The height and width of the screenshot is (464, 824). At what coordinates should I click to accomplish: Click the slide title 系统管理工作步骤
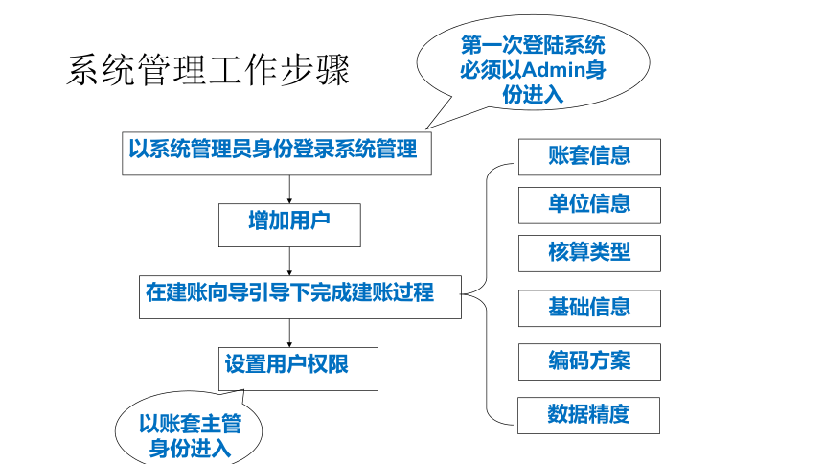coord(208,70)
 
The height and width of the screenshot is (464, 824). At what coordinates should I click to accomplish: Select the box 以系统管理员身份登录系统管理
coord(276,153)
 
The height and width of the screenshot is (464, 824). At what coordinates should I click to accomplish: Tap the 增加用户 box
coord(289,225)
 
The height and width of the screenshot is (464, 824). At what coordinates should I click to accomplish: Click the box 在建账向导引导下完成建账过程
coord(300,296)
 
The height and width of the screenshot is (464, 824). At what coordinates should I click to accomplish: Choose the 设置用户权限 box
coord(298,369)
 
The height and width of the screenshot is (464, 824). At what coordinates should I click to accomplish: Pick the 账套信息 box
coord(589,157)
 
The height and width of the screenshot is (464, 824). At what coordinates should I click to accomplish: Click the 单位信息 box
coord(589,205)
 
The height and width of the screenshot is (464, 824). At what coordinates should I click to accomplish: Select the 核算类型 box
coord(589,253)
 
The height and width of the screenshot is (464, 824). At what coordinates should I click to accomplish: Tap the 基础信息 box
coord(589,309)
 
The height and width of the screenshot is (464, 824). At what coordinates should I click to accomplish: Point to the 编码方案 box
coord(589,362)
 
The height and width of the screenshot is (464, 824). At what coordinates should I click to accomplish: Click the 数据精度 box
coord(588,416)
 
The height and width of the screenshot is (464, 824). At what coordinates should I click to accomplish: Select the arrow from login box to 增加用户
coord(289,190)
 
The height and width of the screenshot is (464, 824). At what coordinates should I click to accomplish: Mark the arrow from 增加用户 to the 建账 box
coord(289,261)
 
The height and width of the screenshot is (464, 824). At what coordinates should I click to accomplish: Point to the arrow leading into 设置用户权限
coord(289,333)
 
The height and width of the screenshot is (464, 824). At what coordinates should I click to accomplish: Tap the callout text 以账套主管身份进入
coord(190,436)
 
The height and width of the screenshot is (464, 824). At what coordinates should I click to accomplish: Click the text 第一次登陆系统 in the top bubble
coord(533,45)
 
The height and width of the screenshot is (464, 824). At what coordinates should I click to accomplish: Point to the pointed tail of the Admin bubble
coord(426,128)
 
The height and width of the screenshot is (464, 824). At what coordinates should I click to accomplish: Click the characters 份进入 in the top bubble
coord(533,95)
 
